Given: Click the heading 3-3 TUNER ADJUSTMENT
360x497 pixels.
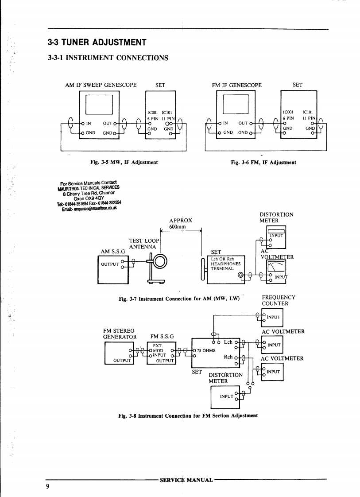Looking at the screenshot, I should pyautogui.click(x=97, y=43).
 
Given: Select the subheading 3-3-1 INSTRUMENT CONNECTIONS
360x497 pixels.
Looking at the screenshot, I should pyautogui.click(x=108, y=58).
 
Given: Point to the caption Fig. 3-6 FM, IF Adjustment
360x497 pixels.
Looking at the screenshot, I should pyautogui.click(x=263, y=163).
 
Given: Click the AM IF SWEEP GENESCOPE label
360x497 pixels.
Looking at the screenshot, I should pyautogui.click(x=101, y=85).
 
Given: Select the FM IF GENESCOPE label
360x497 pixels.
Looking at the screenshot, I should pyautogui.click(x=237, y=85).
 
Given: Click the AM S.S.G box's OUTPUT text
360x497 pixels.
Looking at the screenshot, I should pyautogui.click(x=110, y=264).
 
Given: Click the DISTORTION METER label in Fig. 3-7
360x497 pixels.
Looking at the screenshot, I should pyautogui.click(x=276, y=217).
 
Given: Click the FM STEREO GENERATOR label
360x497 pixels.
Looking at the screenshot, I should pyautogui.click(x=119, y=334).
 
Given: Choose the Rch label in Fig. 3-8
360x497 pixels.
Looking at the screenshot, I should pyautogui.click(x=228, y=357).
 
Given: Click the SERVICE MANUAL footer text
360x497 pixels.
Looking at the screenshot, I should pyautogui.click(x=186, y=480).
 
